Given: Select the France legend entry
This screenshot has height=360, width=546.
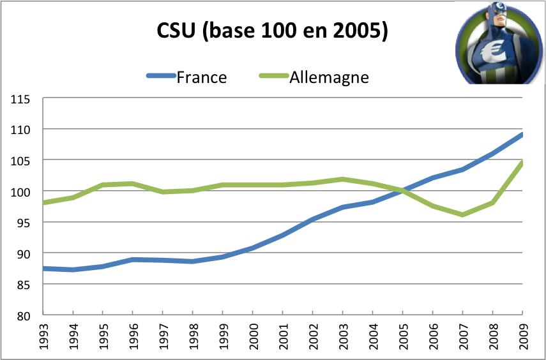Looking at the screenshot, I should tap(201, 77).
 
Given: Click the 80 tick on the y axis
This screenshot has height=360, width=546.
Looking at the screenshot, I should tap(23, 316).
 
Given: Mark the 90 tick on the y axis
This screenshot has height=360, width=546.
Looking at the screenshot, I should tap(23, 254).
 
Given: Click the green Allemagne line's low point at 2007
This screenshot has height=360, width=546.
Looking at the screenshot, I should tap(463, 214).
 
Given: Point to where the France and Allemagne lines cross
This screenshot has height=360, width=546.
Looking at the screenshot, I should tap(403, 190).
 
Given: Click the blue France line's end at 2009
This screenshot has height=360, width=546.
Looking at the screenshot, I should tap(522, 135).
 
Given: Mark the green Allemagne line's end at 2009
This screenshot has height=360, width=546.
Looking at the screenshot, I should tap(522, 163).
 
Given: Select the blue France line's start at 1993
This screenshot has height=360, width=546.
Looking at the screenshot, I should tap(43, 269).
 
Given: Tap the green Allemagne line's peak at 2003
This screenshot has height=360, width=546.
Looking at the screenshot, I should tap(343, 179).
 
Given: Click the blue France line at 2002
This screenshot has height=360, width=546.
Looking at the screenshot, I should tap(313, 219).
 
